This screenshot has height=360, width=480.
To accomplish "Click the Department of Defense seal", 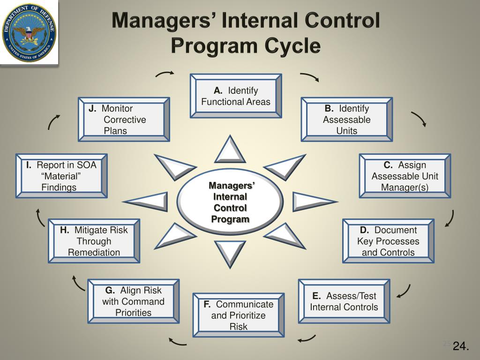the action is point(29,32).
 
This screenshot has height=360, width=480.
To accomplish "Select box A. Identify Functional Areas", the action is point(236,96).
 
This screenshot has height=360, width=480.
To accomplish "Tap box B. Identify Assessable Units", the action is point(346,120).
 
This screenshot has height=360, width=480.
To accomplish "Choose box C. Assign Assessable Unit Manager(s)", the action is point(405,176).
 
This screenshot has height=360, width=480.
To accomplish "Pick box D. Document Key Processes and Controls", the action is point(388,241).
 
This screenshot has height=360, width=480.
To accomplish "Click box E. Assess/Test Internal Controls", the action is point(344,301).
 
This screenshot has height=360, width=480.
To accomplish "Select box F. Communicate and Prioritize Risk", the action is point(238,315).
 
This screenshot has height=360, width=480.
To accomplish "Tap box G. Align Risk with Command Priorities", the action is point(133,301).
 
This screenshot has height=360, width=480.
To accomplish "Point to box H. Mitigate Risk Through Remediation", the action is point(94,241).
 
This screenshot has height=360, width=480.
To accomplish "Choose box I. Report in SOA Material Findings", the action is point(61,176).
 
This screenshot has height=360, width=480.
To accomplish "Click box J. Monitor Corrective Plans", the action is point(124,120).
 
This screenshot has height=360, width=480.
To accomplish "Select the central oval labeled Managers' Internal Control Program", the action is point(230,202).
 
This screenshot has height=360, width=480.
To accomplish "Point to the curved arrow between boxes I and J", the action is point(53,122).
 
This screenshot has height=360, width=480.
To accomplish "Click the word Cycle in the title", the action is point(292,45).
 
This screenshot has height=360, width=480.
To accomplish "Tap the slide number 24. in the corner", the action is point(461,346).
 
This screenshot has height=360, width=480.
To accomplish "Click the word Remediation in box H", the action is point(94,252).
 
